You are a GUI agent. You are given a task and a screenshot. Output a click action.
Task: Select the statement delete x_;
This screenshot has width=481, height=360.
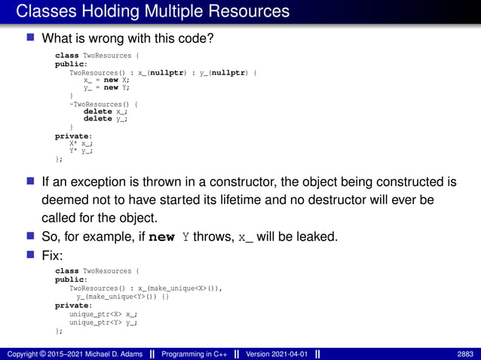(105, 111)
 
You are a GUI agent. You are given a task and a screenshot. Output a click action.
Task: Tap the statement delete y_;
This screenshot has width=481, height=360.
(105, 119)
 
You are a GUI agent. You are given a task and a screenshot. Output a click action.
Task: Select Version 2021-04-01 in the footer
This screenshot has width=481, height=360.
(275, 353)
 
